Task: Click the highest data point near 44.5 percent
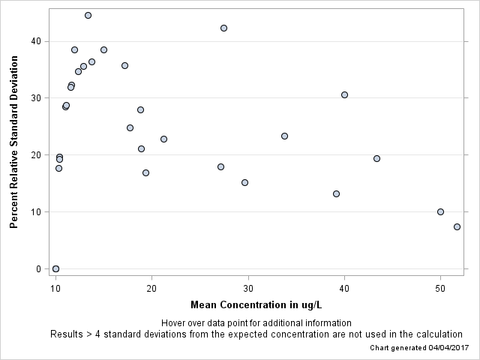coord(88,15)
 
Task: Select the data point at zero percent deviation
coord(55,268)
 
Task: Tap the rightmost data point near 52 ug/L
coord(457,226)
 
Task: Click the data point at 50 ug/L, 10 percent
coord(440,211)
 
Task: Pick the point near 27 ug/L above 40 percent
coord(223,28)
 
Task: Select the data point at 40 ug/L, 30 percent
coord(344,94)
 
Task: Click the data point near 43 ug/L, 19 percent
coord(376,158)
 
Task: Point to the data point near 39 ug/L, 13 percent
coord(336,193)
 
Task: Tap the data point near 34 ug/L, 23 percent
coord(284,136)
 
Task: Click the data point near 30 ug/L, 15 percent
coord(244,182)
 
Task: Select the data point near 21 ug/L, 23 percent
coord(163,139)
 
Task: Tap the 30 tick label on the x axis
coord(247,289)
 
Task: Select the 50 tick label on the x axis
coord(440,289)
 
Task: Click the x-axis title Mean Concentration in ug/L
coord(256,304)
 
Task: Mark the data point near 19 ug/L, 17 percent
coord(145,172)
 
